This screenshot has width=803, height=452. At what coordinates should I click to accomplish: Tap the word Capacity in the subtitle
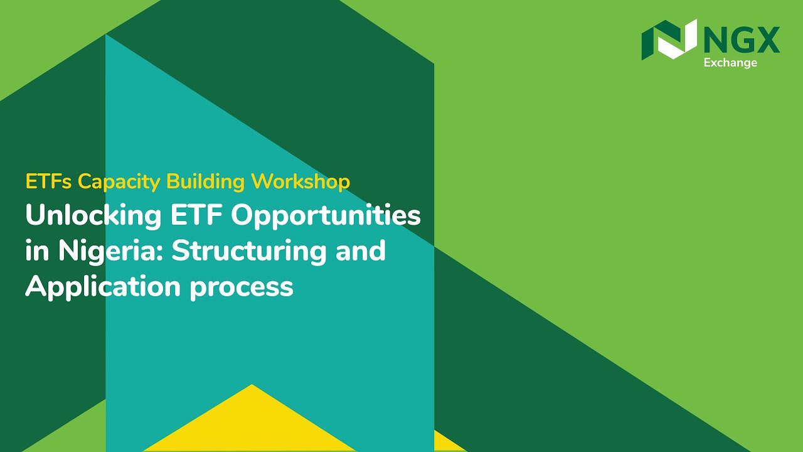(x=120, y=182)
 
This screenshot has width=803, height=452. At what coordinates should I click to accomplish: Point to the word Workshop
(x=300, y=181)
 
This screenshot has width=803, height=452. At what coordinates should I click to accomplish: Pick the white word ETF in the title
(x=196, y=216)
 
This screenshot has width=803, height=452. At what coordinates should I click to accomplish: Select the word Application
(x=103, y=287)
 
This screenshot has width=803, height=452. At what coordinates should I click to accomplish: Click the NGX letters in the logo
(x=742, y=40)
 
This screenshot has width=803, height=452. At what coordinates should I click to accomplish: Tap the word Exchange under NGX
(x=730, y=63)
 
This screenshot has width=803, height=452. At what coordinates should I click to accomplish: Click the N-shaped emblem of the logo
(x=669, y=39)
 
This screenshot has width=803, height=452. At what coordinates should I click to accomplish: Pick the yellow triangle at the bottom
(x=251, y=424)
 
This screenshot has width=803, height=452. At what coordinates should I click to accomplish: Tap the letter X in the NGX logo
(x=768, y=40)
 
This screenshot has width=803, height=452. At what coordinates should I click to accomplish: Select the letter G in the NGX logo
(x=742, y=40)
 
